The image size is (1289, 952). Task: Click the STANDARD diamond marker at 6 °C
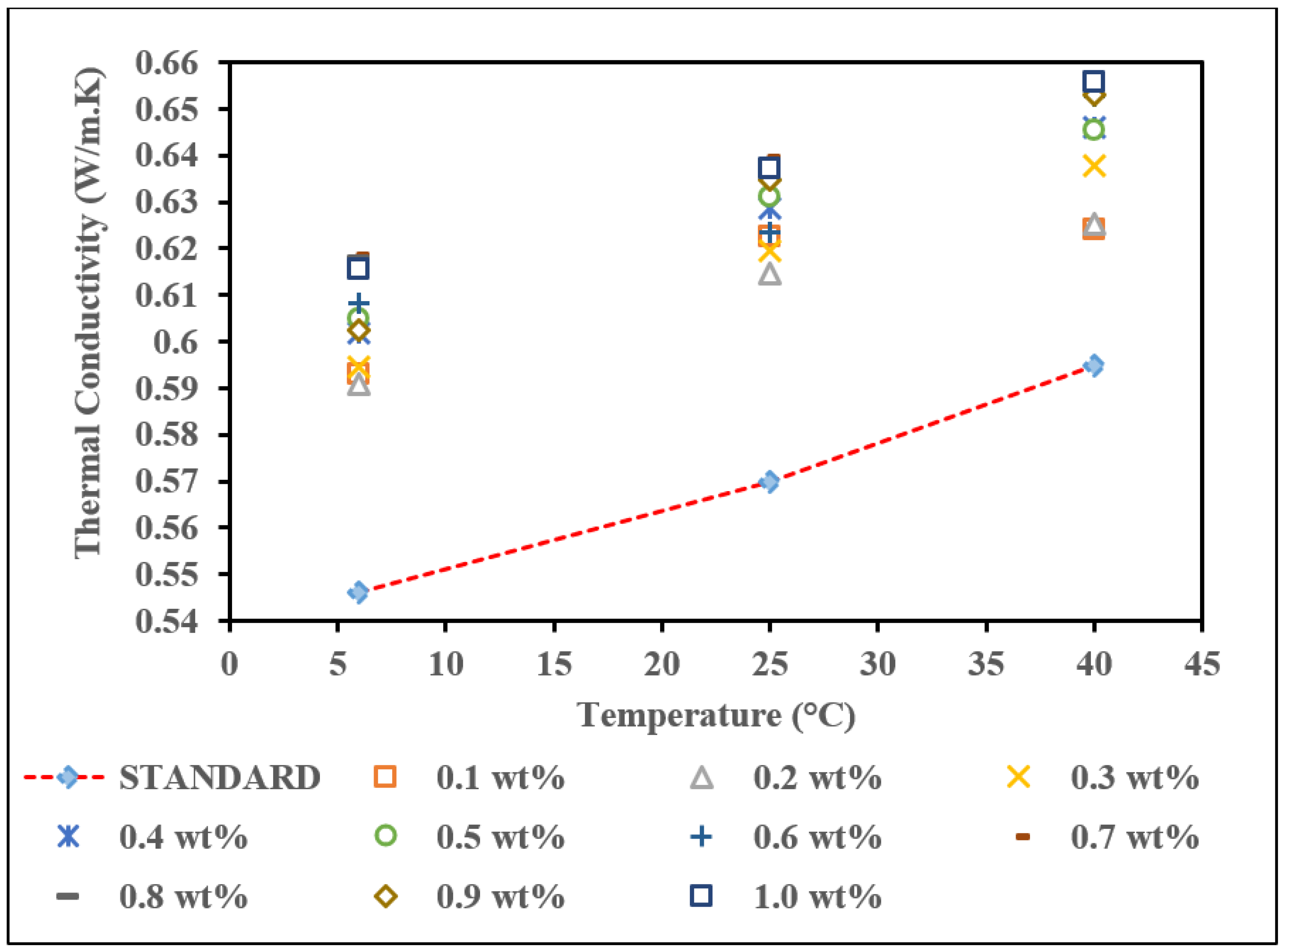(358, 592)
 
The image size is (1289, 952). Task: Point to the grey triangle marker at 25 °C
(769, 275)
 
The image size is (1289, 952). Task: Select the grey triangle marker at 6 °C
(358, 385)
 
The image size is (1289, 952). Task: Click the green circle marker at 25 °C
(769, 196)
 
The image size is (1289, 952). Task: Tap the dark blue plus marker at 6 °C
(358, 304)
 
